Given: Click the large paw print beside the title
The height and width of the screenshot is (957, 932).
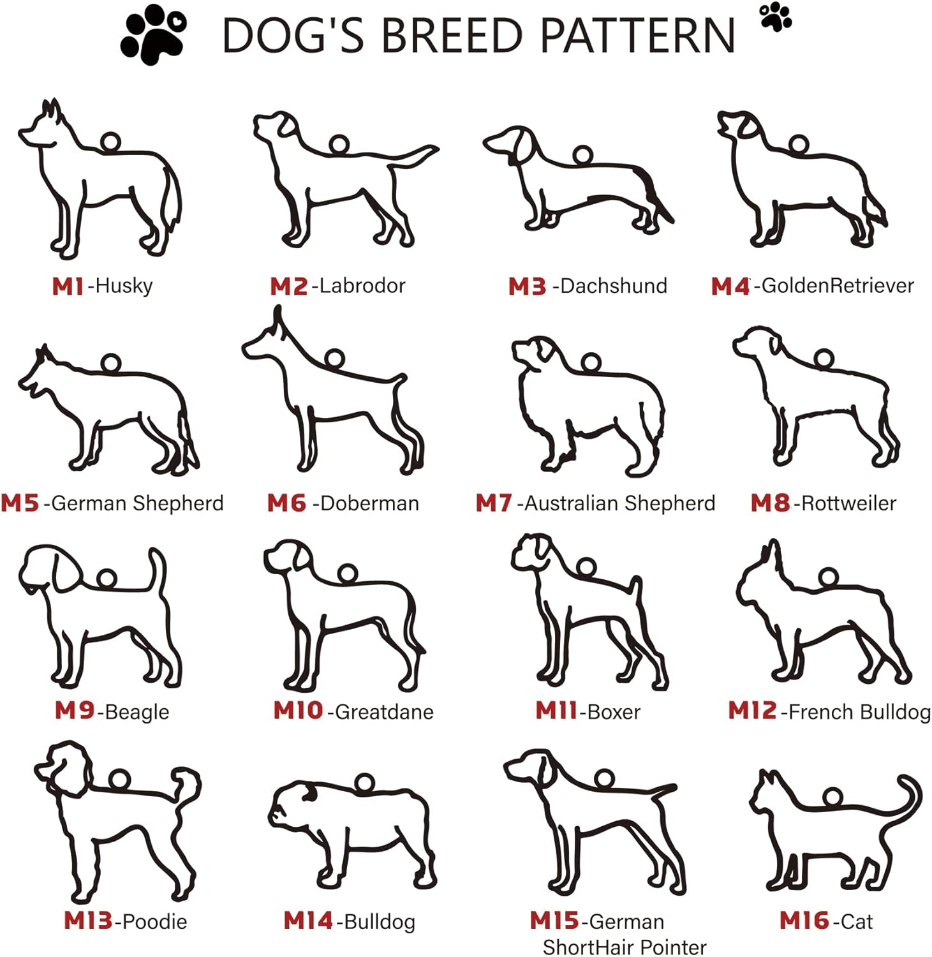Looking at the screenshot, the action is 154,34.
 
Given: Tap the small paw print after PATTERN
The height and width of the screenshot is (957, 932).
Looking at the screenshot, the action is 776,17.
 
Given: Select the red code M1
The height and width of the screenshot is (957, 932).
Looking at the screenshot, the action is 68,286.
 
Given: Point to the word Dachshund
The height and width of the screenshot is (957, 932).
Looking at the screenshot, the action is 614,286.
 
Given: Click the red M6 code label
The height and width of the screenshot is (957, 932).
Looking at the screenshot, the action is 287,503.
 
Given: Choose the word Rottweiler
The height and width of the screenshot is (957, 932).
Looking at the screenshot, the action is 849,503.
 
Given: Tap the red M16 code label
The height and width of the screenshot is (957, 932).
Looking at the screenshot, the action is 804,921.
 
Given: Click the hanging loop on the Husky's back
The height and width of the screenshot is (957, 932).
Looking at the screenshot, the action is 110,142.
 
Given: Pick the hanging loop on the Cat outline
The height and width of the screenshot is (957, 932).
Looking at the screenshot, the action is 832,797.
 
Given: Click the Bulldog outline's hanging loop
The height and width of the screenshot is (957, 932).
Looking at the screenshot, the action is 364,783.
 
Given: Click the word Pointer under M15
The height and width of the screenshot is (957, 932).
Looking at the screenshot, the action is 674,947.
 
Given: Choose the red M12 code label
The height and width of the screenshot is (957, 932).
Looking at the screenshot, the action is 753,711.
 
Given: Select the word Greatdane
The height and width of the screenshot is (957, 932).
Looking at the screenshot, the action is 385,712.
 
